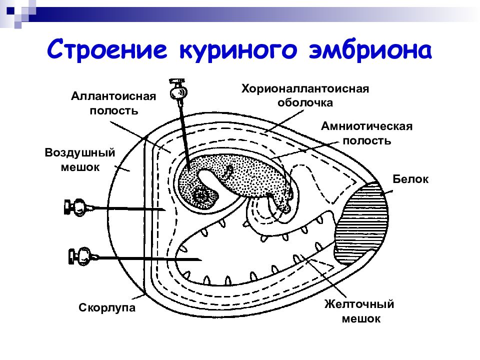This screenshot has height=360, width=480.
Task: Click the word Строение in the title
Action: (107, 49)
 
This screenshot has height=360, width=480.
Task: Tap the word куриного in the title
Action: (238, 50)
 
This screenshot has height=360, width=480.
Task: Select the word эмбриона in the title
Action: (370, 49)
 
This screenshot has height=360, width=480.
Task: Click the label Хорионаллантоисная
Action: (305, 89)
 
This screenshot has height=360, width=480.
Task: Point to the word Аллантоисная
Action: (113, 96)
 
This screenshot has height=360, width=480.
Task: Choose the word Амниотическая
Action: (366, 126)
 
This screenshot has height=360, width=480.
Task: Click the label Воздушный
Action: (80, 152)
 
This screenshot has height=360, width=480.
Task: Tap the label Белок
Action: (410, 179)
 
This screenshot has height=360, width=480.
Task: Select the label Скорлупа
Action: (107, 307)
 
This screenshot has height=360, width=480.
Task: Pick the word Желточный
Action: (359, 304)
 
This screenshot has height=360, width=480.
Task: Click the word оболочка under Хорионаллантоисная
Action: (305, 103)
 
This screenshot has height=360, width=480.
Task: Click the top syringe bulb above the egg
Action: (178, 92)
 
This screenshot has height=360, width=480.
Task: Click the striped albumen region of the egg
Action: (361, 220)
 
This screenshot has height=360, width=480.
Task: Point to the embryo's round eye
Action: (202, 194)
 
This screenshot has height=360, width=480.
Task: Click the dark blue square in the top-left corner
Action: (10, 10)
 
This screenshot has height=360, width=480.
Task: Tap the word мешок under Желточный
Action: (361, 318)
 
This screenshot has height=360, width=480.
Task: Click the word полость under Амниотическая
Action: (366, 140)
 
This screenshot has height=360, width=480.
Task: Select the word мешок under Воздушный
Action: (80, 167)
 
